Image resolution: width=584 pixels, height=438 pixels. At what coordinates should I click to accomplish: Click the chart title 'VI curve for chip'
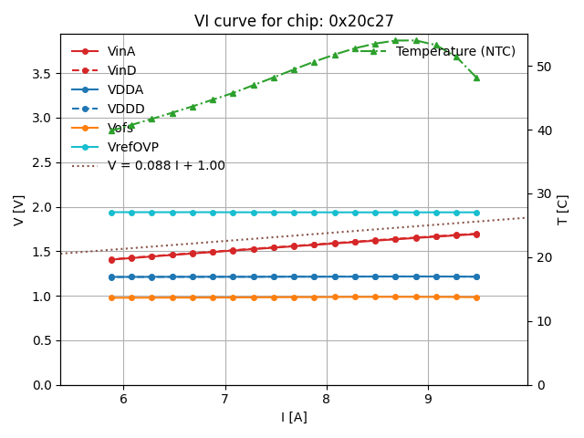(x=293, y=21)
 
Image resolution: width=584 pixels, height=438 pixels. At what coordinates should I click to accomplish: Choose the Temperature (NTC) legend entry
(x=455, y=51)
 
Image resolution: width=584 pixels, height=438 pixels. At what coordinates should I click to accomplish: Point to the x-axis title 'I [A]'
(x=293, y=417)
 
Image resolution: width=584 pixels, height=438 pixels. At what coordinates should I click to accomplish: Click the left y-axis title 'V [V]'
(x=19, y=210)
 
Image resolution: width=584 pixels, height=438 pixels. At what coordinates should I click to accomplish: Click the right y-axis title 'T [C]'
(x=562, y=210)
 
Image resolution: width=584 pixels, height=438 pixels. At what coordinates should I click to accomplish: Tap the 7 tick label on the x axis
(x=224, y=398)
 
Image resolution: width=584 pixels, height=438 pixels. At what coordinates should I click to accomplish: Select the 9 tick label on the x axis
(x=428, y=398)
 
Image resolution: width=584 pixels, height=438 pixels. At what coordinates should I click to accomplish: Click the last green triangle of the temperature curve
(x=476, y=78)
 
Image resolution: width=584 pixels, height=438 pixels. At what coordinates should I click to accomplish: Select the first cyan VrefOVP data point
(x=111, y=213)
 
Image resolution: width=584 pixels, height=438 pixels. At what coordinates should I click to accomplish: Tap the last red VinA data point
(x=476, y=235)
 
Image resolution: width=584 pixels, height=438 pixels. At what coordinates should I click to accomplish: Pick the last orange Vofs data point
(x=476, y=297)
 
